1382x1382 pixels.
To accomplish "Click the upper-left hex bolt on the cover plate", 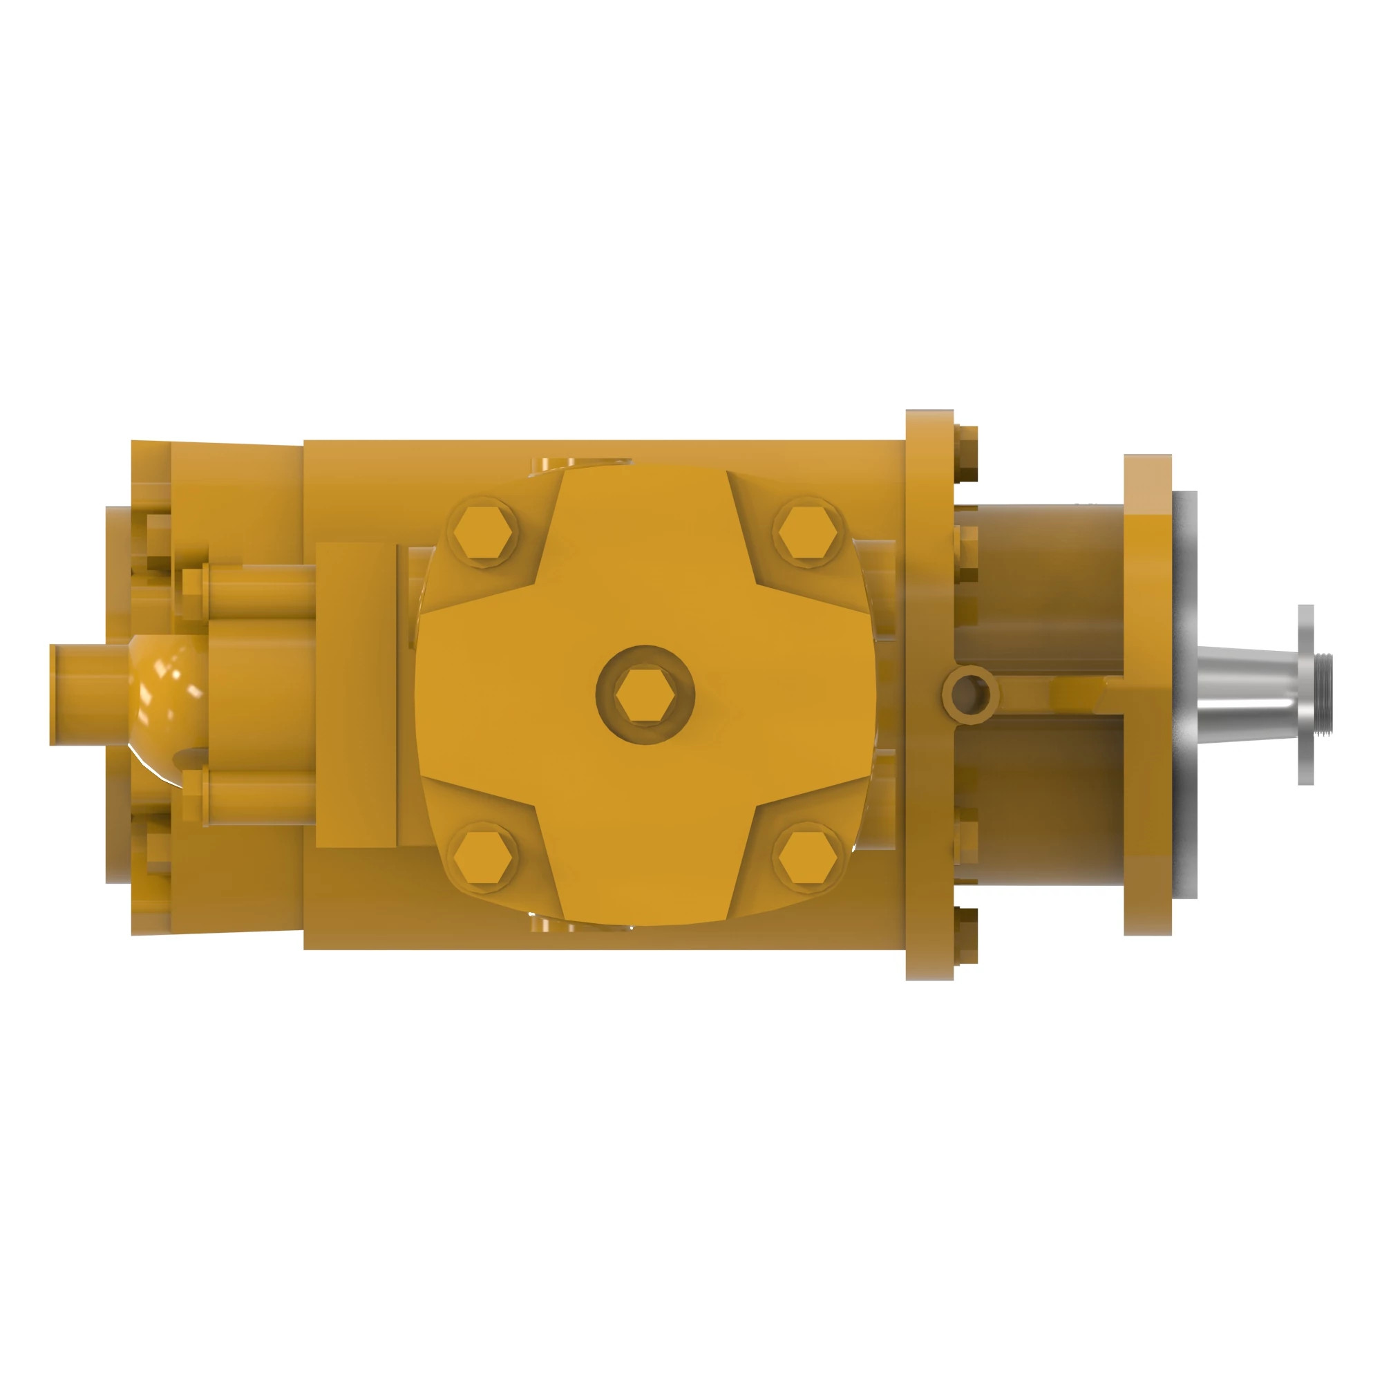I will point(484,533).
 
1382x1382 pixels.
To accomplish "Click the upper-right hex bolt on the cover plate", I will point(808,533).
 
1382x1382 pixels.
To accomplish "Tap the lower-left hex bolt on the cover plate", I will point(484,857).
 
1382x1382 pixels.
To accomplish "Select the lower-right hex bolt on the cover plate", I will point(808,857).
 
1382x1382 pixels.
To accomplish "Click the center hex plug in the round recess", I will point(645,695).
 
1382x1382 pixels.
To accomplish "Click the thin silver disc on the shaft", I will point(1306,694).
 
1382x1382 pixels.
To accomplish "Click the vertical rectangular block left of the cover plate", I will point(355,695).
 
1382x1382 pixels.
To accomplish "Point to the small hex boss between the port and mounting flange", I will point(1078,694).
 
